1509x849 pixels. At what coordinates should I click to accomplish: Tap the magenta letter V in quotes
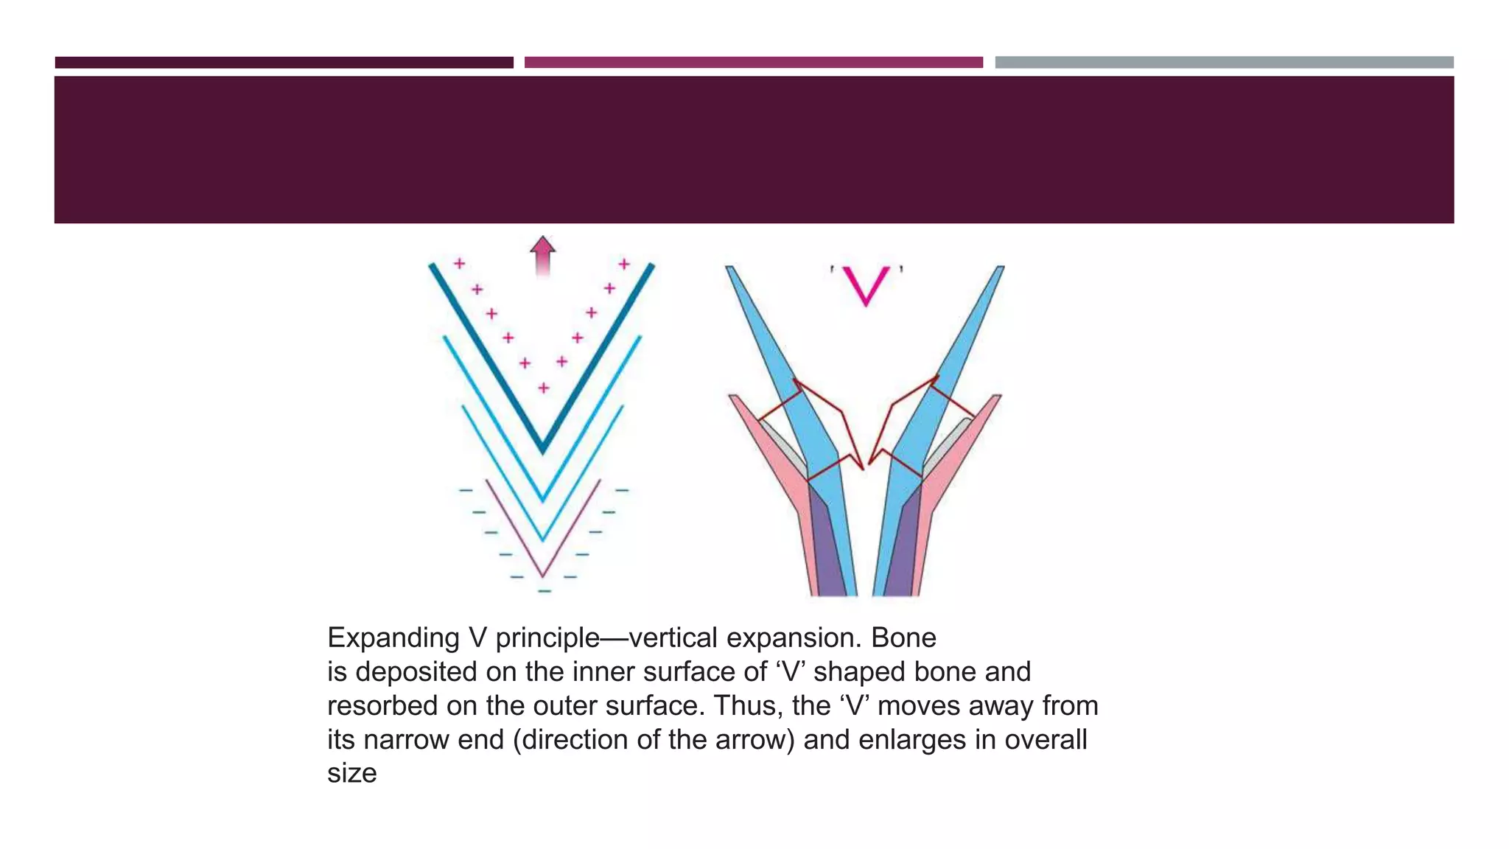[866, 286]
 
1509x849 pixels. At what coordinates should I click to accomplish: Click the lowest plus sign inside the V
[543, 388]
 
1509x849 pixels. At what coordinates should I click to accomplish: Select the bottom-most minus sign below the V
[544, 592]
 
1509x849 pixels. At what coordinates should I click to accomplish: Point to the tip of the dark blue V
[543, 447]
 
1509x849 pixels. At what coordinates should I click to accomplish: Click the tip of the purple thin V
[543, 574]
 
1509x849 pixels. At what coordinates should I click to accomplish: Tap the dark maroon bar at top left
[284, 63]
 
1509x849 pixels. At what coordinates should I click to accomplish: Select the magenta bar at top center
[753, 63]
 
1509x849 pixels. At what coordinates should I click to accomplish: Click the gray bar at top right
[1224, 63]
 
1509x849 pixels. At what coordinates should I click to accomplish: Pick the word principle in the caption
[547, 638]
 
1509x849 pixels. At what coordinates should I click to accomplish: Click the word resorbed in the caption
[382, 706]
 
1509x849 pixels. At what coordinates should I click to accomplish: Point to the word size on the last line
[351, 774]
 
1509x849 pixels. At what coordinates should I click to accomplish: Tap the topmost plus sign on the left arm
[459, 263]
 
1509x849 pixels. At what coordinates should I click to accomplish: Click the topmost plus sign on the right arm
[624, 263]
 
